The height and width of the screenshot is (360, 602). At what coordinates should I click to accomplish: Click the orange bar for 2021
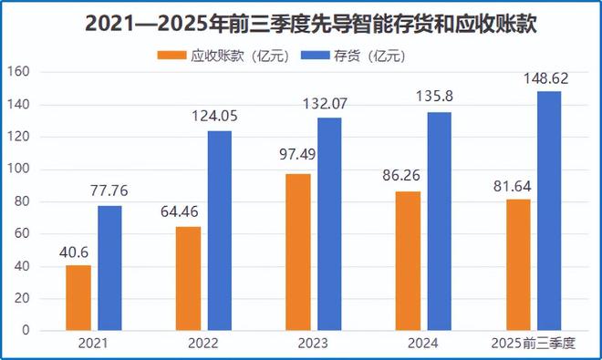78,297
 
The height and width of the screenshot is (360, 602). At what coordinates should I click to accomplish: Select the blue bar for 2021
109,267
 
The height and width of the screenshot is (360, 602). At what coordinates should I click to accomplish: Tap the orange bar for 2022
188,278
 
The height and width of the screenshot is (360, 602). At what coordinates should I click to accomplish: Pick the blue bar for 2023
329,223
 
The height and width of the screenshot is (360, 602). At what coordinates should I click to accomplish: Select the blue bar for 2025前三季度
548,211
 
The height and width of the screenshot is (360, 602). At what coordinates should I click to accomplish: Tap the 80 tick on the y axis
25,201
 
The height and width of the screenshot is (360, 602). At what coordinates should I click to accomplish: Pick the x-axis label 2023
313,343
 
